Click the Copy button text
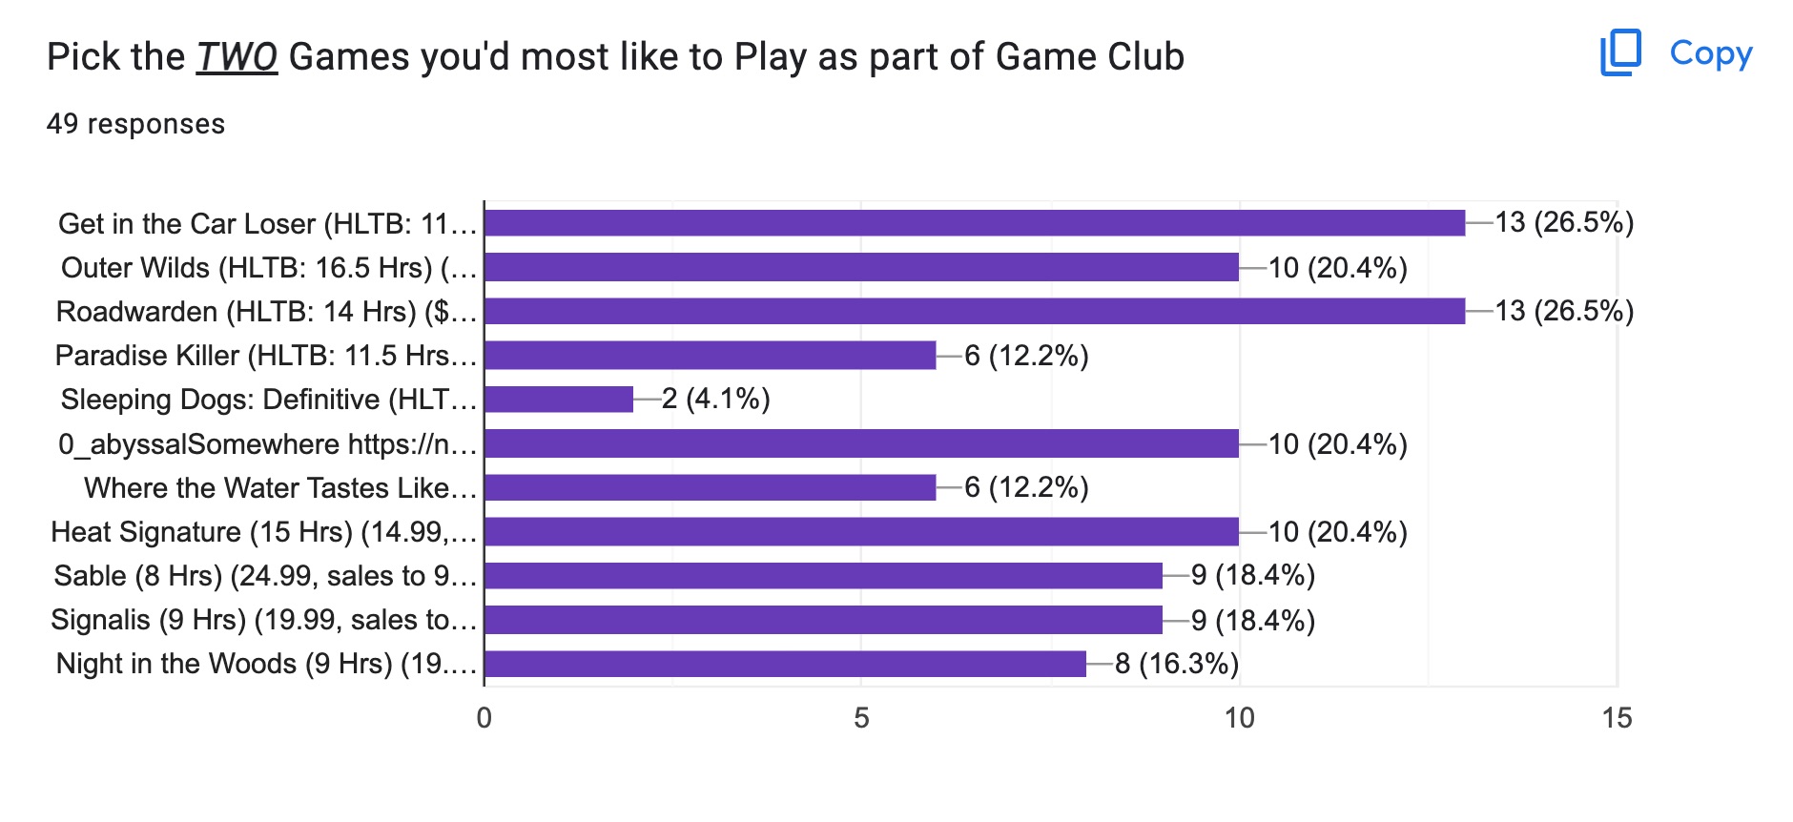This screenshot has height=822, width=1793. pos(1711,53)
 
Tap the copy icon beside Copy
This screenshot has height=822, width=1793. pos(1620,52)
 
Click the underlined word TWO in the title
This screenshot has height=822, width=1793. pos(237,57)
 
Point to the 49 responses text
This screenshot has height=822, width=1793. pos(135,124)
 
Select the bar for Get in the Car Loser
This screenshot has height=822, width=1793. pos(974,223)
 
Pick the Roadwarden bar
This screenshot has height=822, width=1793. pos(974,311)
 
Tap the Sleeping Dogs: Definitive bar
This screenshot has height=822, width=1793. pos(559,399)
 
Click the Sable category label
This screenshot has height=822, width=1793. pos(264,576)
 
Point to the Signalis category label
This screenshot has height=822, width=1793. pos(263,620)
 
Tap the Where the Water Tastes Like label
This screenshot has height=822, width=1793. pos(279,487)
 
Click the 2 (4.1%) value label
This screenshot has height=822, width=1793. pos(715,399)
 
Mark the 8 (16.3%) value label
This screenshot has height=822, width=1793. pos(1176,664)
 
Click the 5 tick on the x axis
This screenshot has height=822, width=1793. pos(861,718)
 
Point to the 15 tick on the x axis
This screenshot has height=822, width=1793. pos(1617,718)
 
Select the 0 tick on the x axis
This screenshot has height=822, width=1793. pos(484,718)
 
